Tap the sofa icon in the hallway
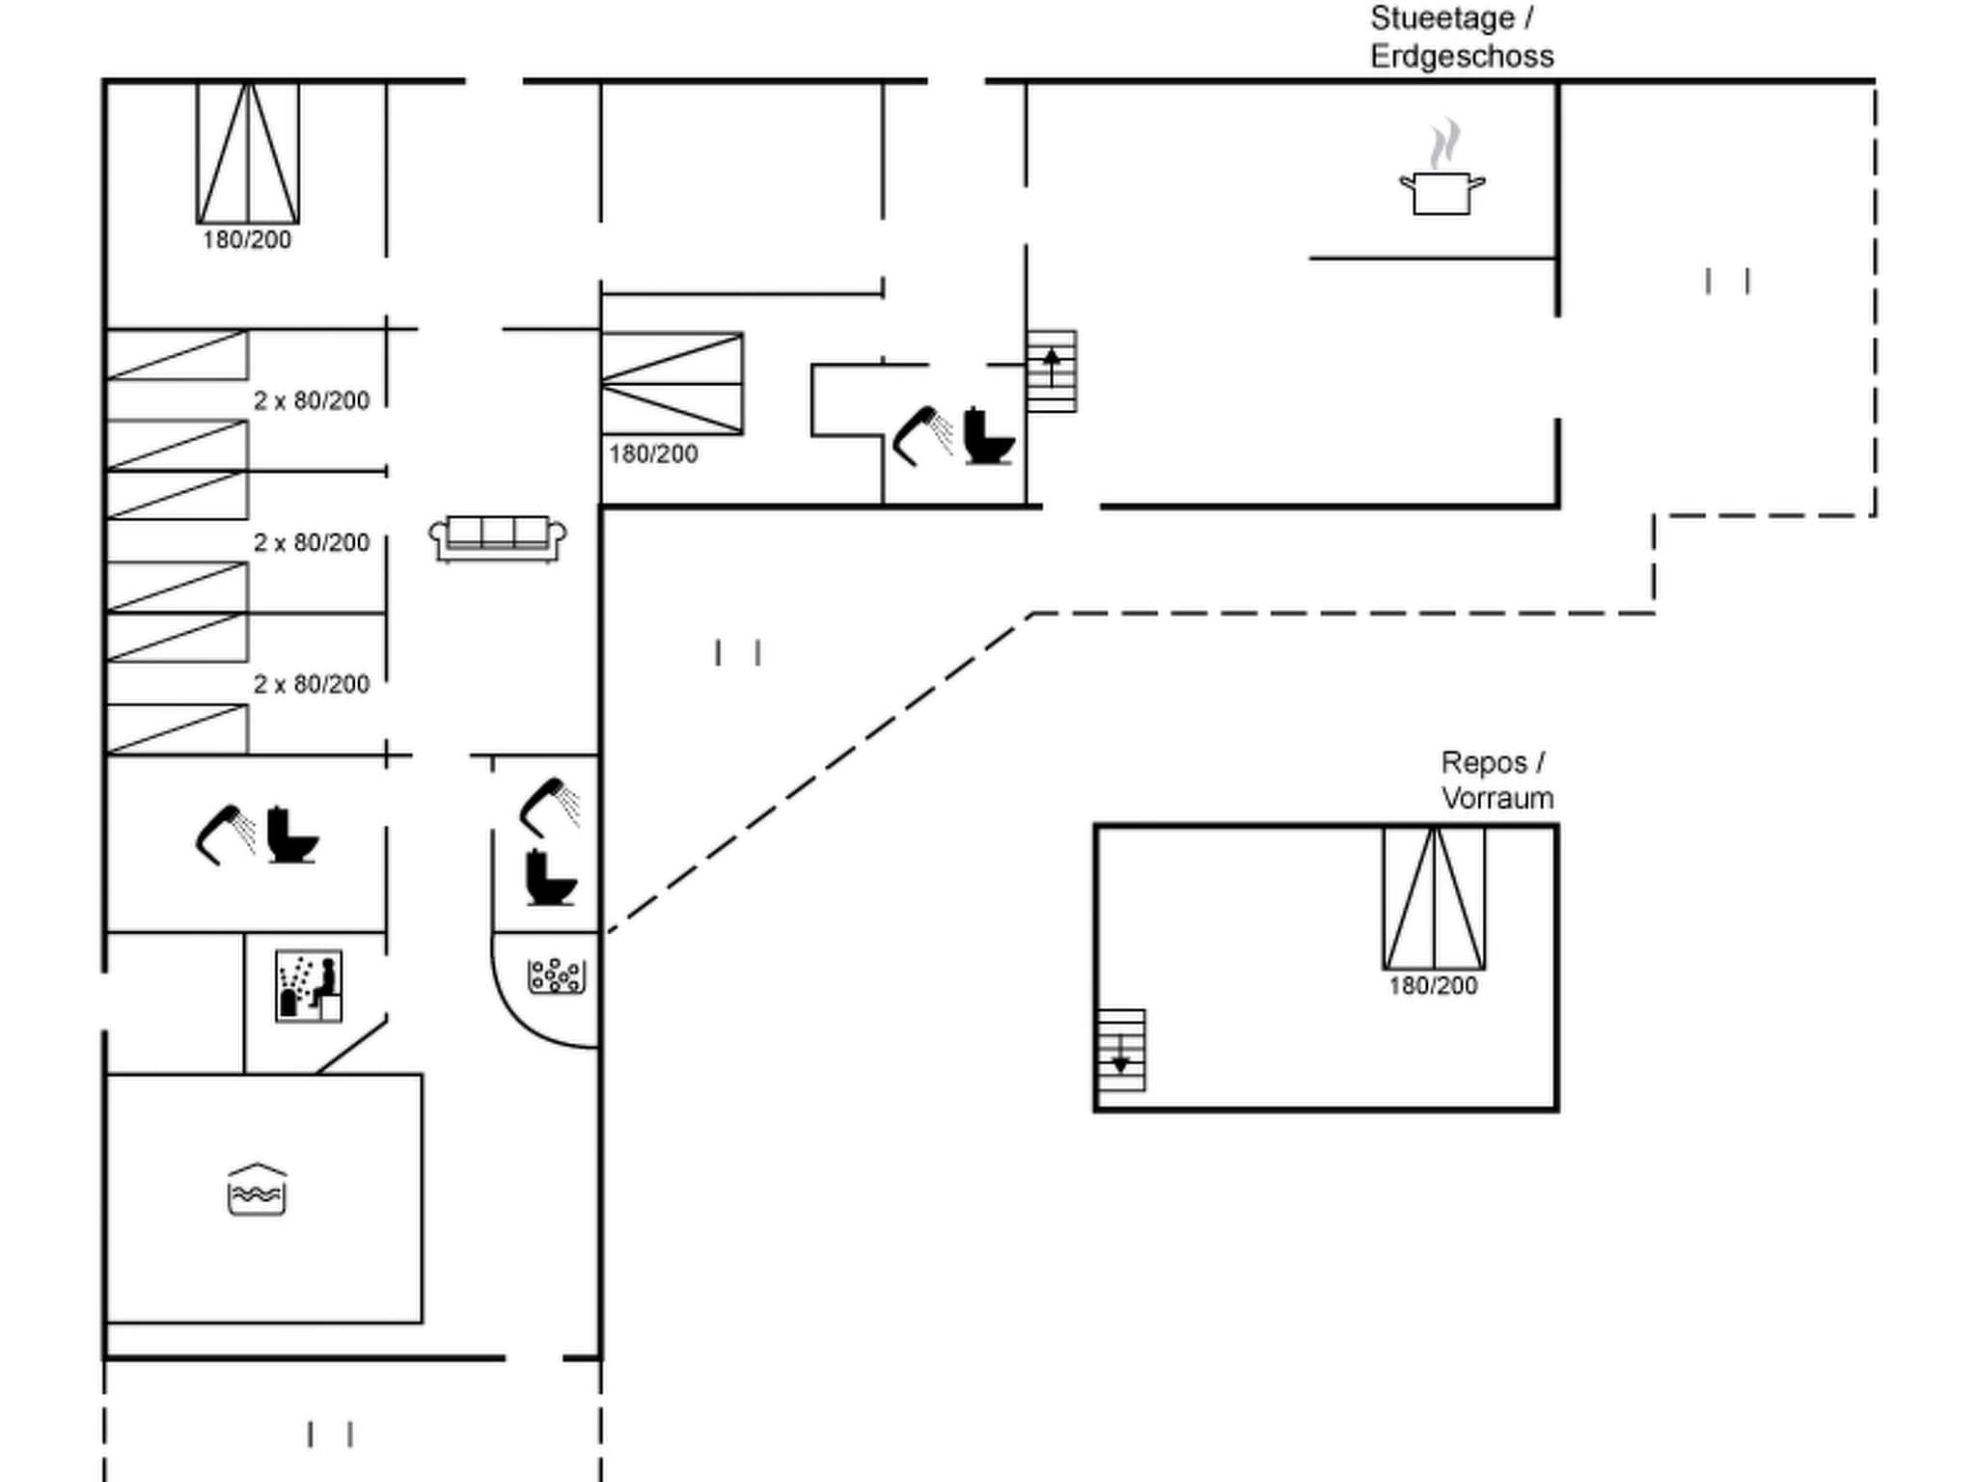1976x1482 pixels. click(x=498, y=538)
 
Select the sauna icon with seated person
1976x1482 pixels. click(x=309, y=986)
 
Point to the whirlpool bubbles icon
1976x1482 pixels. click(x=557, y=975)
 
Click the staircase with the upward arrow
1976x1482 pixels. click(x=1052, y=371)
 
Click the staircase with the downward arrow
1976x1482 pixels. click(x=1121, y=1051)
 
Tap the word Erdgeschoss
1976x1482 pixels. click(x=1462, y=57)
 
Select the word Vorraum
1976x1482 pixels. click(x=1497, y=799)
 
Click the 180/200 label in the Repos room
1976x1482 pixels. click(x=1433, y=986)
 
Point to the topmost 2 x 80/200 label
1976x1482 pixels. click(x=312, y=400)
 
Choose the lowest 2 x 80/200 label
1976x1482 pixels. click(x=312, y=684)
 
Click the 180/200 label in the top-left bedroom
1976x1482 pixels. click(x=247, y=240)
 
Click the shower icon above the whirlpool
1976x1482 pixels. click(x=551, y=806)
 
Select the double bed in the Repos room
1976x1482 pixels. click(x=1434, y=898)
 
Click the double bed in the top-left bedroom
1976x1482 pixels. click(x=248, y=153)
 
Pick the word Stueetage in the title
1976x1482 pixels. click(x=1442, y=18)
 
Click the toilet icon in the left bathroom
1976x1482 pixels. click(x=291, y=835)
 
